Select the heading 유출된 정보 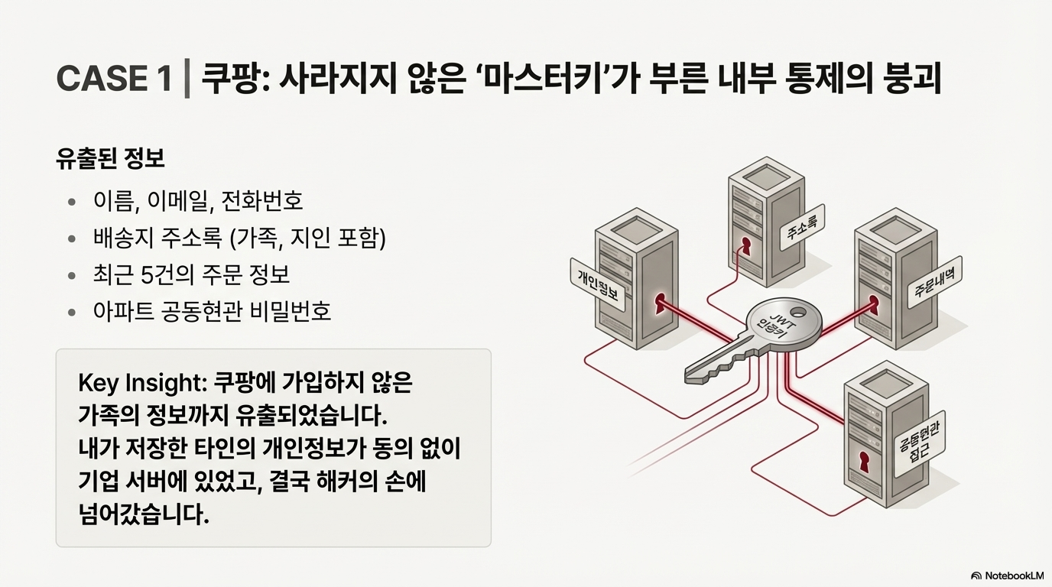(110, 159)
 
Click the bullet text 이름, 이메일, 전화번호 (198, 201)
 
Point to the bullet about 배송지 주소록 (239, 238)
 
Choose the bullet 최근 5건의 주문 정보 (191, 275)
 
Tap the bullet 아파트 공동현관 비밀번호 (212, 312)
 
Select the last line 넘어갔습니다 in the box (144, 514)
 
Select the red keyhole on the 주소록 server (745, 245)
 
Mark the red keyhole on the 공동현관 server (864, 464)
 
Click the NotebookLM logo (1007, 576)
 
